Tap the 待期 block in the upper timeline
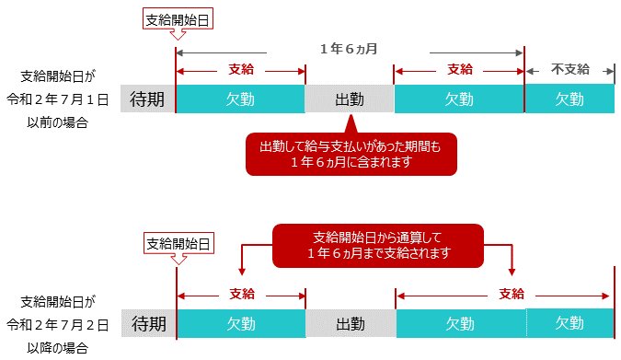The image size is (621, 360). coord(147,99)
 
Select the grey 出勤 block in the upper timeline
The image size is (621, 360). coord(349,99)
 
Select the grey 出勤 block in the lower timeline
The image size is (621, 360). coord(351,323)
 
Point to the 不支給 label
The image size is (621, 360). coord(569,69)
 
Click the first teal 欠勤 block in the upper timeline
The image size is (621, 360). coord(239,99)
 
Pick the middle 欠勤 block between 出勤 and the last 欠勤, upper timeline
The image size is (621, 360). coord(458,99)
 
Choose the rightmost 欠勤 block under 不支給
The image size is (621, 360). coord(569,99)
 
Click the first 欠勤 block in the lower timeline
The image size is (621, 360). coord(241,323)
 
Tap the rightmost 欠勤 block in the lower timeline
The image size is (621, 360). coord(569,323)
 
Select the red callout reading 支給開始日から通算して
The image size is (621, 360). coord(378,243)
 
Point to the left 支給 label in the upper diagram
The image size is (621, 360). coord(240,69)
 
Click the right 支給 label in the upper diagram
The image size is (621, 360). coord(459,69)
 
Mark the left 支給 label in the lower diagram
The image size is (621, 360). coord(241,294)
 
